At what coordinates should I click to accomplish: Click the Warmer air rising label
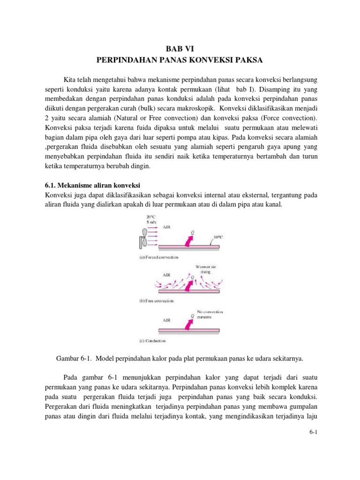pyautogui.click(x=206, y=269)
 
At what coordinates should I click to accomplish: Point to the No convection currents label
pyautogui.click(x=210, y=314)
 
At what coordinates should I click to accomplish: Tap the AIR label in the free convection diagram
pyautogui.click(x=166, y=275)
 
